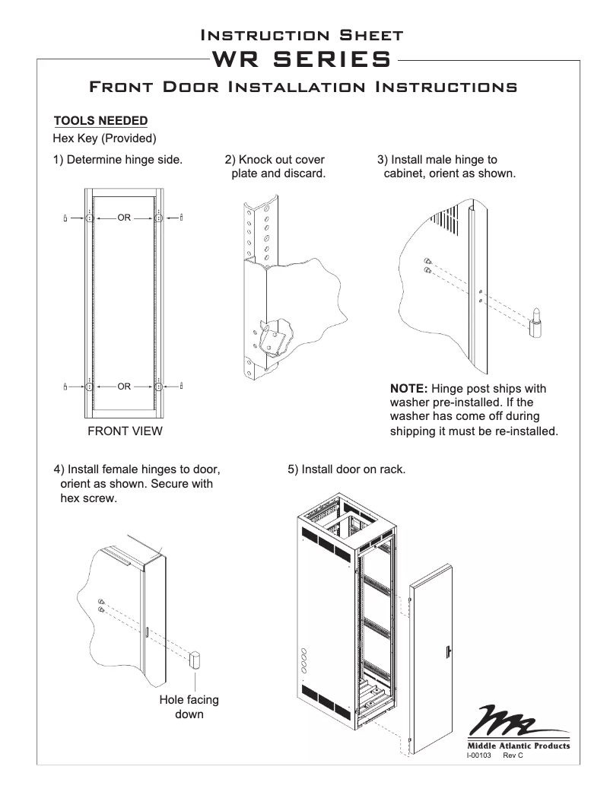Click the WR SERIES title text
point(304,59)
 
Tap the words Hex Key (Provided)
point(104,139)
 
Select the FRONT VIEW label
point(123,431)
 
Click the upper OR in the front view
point(124,218)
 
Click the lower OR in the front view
point(124,387)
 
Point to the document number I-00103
point(479,756)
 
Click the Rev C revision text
point(513,756)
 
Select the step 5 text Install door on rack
point(346,469)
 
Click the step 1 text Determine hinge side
point(117,160)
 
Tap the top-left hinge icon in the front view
point(66,218)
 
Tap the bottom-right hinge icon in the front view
point(182,387)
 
